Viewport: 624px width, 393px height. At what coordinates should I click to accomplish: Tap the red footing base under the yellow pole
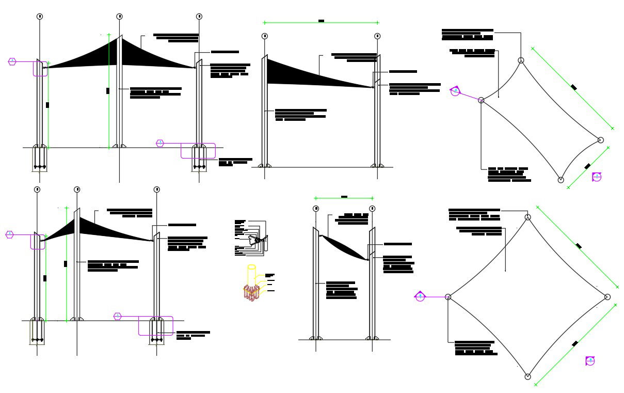[x=251, y=293]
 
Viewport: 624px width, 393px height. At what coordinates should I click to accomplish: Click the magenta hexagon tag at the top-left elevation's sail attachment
[x=12, y=61]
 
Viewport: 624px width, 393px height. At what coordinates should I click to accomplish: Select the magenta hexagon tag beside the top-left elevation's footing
[x=160, y=143]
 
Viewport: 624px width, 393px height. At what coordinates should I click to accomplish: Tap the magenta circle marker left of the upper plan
[x=455, y=91]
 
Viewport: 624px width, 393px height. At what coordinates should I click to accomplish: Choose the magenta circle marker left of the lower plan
[x=420, y=296]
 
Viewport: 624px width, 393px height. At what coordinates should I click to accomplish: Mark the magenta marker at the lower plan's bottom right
[x=590, y=361]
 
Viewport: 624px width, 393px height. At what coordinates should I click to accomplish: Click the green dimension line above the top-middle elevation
[x=321, y=23]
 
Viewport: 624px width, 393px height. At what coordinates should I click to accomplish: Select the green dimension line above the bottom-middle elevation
[x=344, y=198]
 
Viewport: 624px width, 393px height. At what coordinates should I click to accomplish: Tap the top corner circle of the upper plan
[x=521, y=60]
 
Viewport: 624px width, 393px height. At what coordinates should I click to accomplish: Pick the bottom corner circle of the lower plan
[x=527, y=376]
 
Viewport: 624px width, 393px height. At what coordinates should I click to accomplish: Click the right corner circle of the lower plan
[x=607, y=296]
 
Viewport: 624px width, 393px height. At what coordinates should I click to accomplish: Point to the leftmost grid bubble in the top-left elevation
[x=40, y=17]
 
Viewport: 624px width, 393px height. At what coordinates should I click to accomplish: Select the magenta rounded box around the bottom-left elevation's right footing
[x=155, y=326]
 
